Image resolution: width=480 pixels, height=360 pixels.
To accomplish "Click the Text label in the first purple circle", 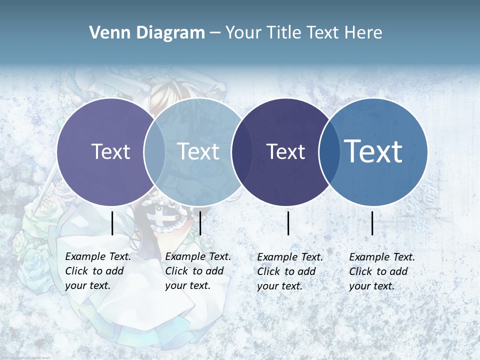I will point(110,151).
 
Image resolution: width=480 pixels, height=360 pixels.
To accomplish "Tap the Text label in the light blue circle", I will point(198,151).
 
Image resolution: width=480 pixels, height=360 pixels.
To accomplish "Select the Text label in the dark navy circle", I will point(285,151).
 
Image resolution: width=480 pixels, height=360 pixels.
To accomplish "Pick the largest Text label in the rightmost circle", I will point(373,151).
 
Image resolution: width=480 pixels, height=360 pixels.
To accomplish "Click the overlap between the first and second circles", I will point(154,151).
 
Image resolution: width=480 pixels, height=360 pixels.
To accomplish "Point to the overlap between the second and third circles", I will point(242,151).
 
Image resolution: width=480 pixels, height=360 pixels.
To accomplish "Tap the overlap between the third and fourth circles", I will point(329,151).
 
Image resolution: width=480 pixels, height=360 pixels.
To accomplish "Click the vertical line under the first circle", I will point(112,223).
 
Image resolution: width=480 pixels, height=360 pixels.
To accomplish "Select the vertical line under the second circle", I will point(200,223).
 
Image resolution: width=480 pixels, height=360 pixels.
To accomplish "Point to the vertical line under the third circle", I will point(288,223).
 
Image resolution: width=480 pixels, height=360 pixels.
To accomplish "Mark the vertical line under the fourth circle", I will point(372,223).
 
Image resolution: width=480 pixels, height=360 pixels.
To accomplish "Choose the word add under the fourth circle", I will point(399,271).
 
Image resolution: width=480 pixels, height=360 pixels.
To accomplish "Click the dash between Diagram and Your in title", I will point(215,33).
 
